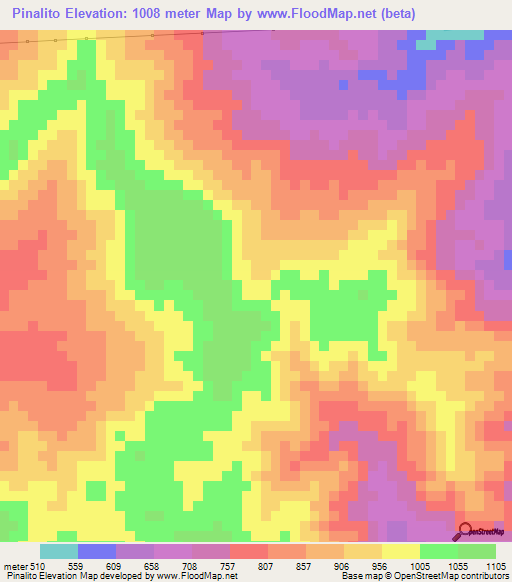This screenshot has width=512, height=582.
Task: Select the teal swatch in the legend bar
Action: coord(59,551)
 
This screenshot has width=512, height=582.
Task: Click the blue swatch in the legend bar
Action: coord(97,551)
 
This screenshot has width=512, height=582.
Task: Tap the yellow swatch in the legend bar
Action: coord(401,551)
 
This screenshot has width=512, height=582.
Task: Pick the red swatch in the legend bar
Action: coord(249,551)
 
